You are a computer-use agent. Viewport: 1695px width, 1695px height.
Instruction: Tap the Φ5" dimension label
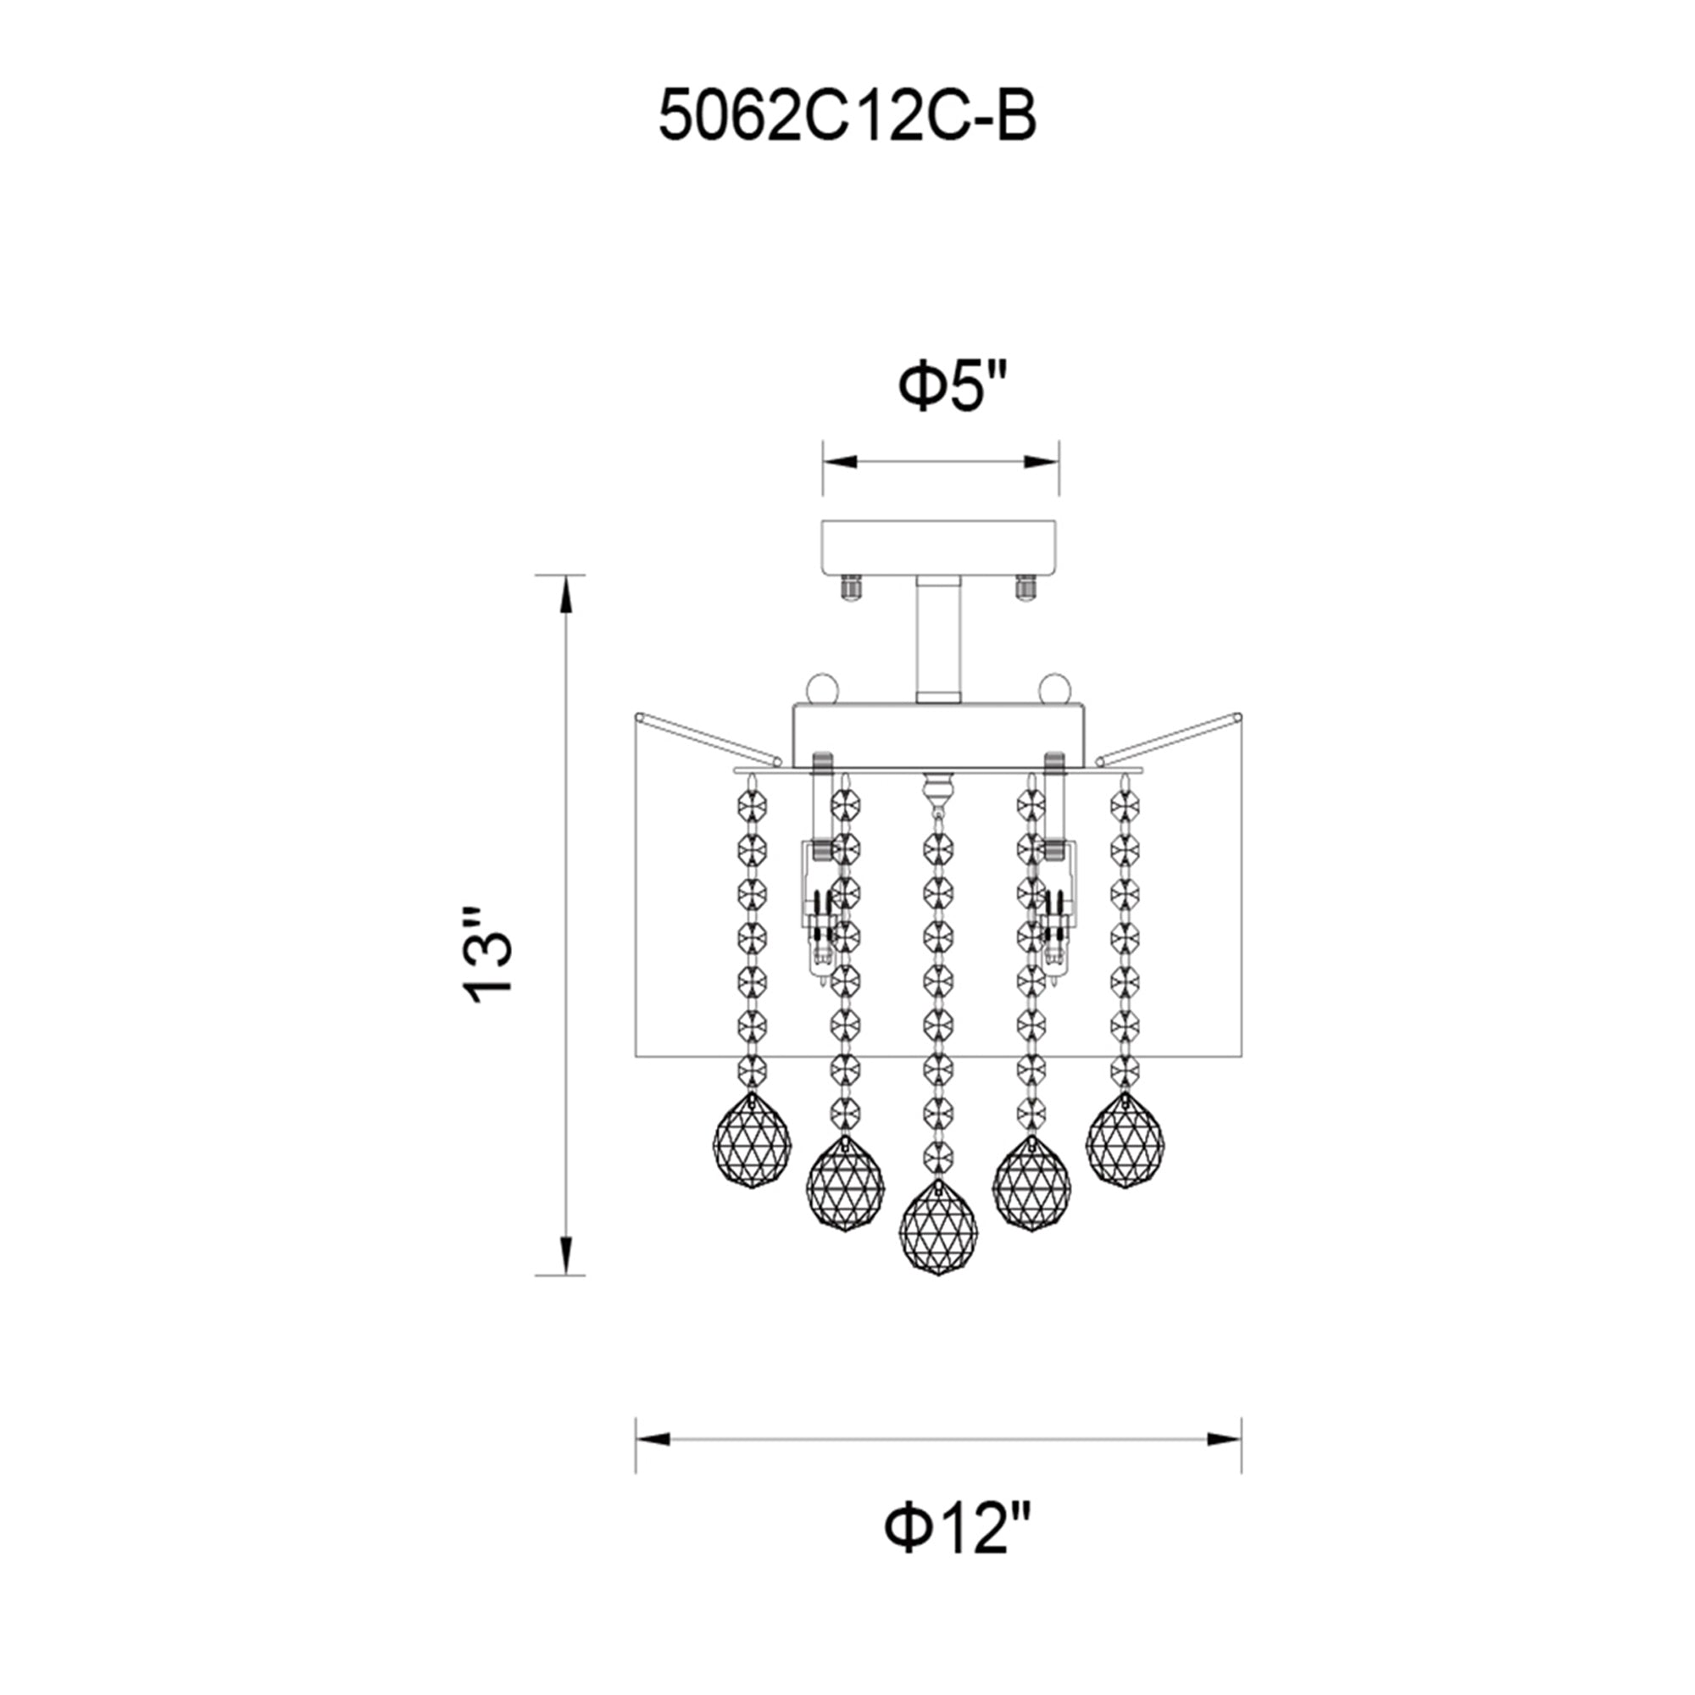coord(954,387)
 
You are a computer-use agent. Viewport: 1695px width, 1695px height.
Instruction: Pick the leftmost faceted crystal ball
coord(752,1142)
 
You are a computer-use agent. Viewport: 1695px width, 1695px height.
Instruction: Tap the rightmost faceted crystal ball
coord(1125,1141)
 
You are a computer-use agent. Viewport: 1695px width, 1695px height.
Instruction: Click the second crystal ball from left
coord(845,1182)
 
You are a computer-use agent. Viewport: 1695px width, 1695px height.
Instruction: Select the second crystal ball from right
coord(1031,1182)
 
